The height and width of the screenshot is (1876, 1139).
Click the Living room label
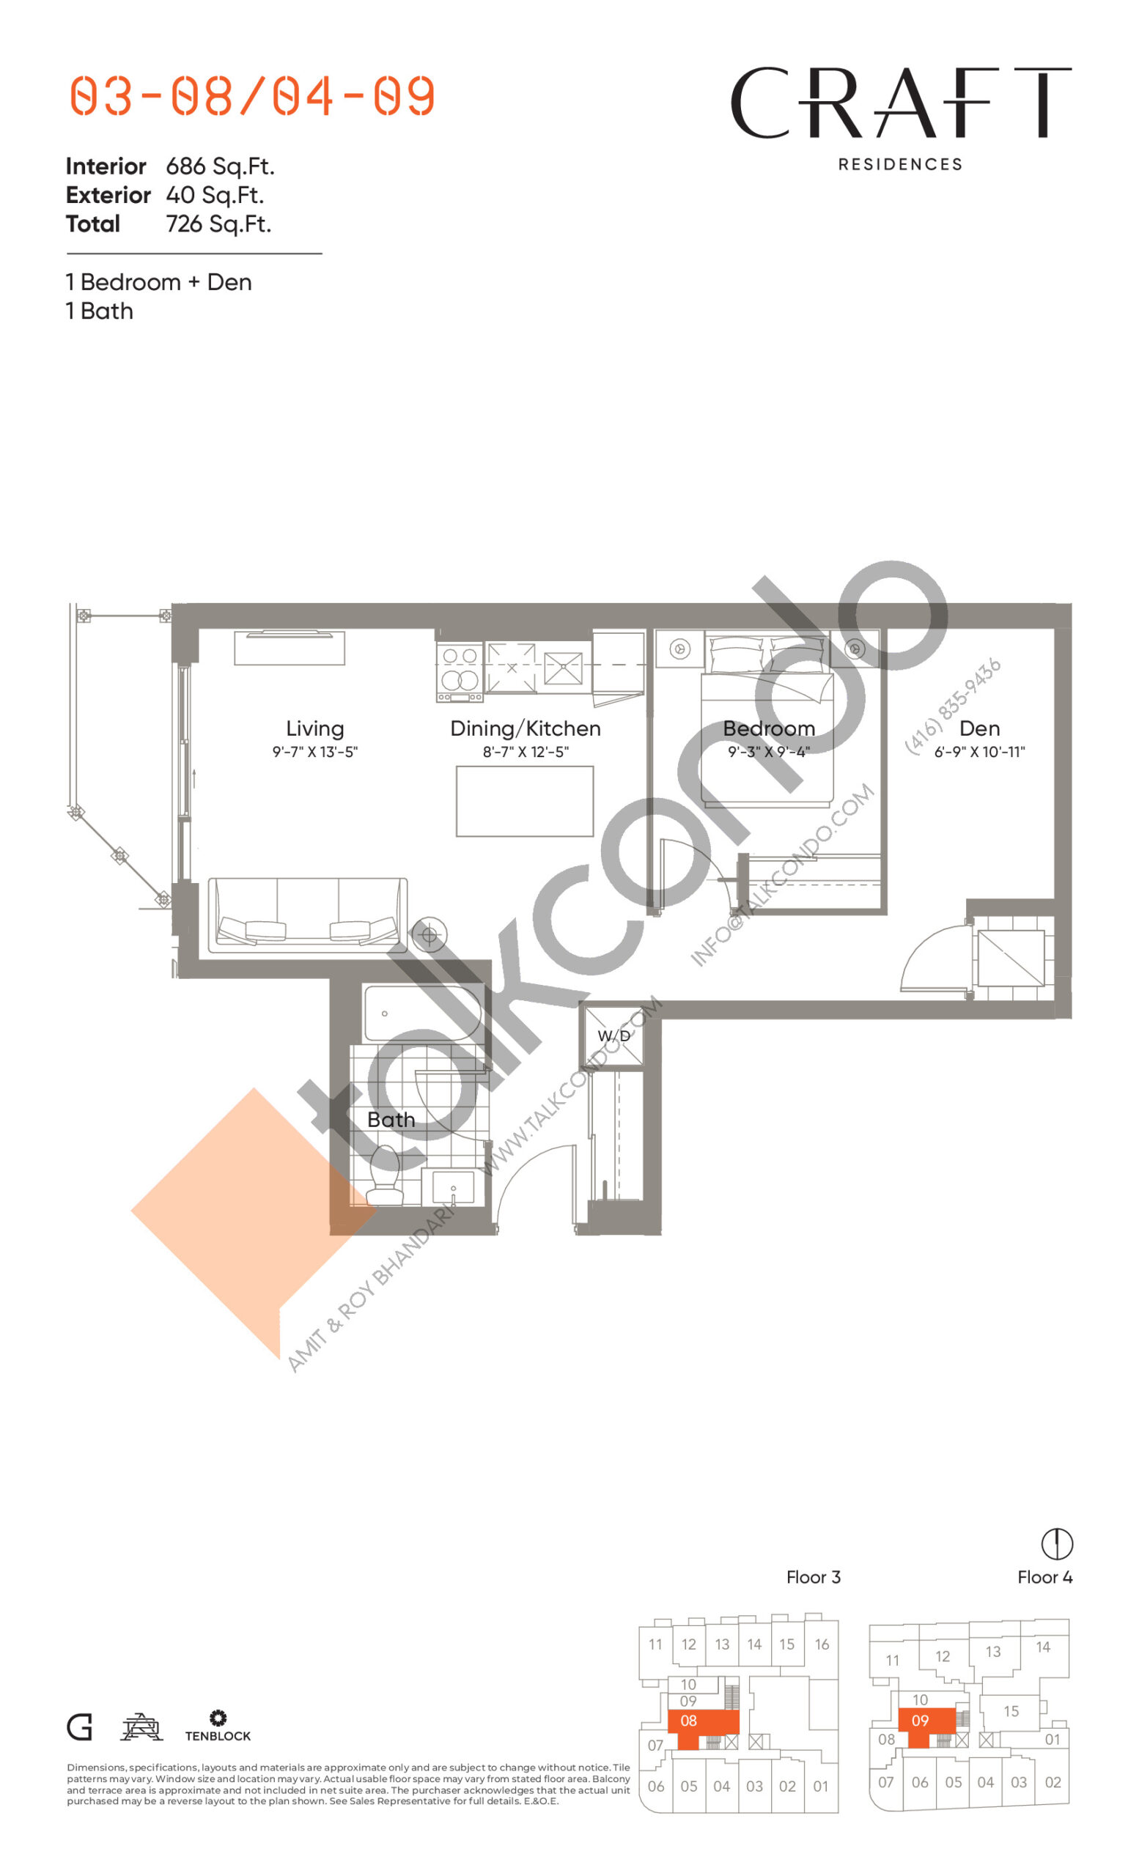click(x=314, y=729)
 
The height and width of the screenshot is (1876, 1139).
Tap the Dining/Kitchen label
click(x=526, y=728)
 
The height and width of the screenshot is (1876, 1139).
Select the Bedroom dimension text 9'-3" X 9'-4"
click(x=768, y=752)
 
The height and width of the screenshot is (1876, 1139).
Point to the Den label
click(x=979, y=728)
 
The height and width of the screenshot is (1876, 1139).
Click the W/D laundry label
click(x=613, y=1035)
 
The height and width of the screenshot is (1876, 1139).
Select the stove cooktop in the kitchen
click(x=459, y=672)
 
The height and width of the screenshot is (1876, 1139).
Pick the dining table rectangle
click(x=525, y=801)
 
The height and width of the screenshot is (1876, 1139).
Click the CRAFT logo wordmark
click(x=901, y=103)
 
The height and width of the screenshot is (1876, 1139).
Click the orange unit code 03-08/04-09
click(x=252, y=96)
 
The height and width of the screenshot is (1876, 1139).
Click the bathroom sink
click(x=453, y=1187)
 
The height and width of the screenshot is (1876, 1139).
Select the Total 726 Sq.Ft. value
click(x=218, y=224)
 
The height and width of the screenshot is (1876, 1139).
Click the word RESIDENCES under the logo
click(x=900, y=164)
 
